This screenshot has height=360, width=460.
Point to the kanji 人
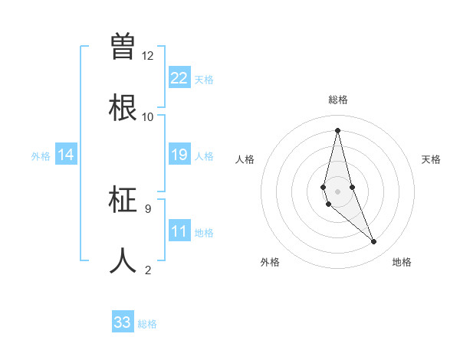pos(123,260)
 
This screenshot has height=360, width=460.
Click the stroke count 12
pos(147,56)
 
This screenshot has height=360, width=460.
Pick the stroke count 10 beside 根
pos(147,117)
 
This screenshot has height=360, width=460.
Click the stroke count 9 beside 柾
pos(147,208)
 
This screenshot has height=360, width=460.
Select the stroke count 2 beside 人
pos(147,269)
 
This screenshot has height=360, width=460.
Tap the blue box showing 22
pos(179,78)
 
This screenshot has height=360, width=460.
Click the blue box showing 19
pos(179,155)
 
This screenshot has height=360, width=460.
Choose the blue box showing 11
pos(179,231)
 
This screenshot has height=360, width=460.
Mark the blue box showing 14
pos(66,155)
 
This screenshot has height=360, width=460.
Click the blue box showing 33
pos(123,322)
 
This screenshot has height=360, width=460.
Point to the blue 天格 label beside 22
pos(204,80)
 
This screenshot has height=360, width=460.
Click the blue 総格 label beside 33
pos(147,324)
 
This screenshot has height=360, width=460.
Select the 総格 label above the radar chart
pos(337,100)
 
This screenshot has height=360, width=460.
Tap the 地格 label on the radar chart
pos(402,262)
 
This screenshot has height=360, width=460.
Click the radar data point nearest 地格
pos(374,242)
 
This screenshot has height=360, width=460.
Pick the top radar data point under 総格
pos(337,129)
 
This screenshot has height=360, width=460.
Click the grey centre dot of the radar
pos(337,191)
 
